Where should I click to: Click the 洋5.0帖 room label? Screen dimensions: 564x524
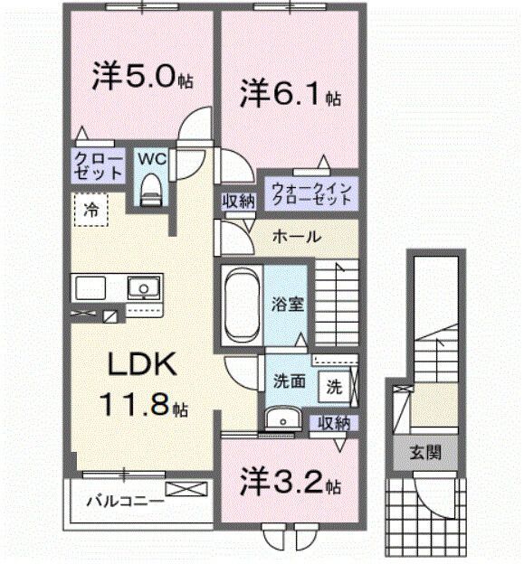[x=140, y=76]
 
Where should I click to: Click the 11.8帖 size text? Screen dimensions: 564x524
[x=145, y=404]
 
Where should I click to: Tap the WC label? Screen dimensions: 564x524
[x=150, y=158]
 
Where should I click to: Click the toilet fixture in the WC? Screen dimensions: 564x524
[x=150, y=187]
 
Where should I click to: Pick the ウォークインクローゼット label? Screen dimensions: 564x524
[x=310, y=193]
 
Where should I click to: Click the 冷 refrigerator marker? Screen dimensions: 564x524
[x=91, y=209]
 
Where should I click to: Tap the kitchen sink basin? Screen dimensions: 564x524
[x=142, y=289]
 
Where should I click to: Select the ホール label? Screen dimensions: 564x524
[x=295, y=237]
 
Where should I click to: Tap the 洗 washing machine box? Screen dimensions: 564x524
[x=334, y=386]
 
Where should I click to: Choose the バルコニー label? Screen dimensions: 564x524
[x=125, y=499]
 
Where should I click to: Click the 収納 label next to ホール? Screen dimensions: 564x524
[x=237, y=201]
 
